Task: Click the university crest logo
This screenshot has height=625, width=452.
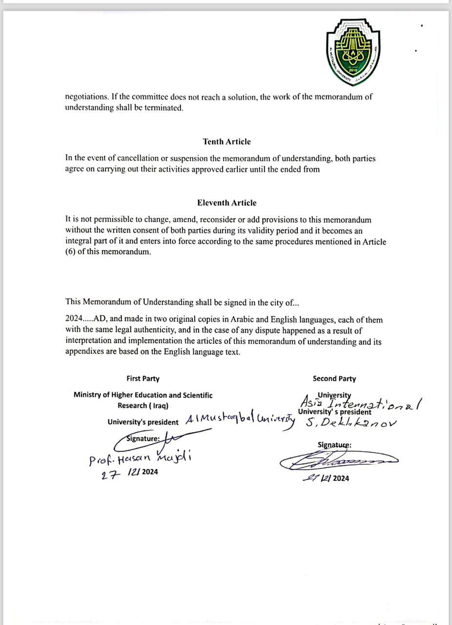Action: coord(353,51)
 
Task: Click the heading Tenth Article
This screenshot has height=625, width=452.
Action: coord(226,142)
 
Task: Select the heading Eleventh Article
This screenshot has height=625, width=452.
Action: coord(226,203)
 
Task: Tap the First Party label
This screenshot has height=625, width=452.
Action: coord(143,378)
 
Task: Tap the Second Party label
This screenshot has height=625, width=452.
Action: coord(334,378)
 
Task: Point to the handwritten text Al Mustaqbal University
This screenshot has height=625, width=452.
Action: coord(240,420)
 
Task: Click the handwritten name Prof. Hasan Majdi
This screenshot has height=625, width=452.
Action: coord(141,459)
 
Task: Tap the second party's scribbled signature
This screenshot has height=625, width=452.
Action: coord(338,461)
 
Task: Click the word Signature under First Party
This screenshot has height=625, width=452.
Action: coord(143,438)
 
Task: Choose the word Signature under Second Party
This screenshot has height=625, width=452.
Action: coord(334,445)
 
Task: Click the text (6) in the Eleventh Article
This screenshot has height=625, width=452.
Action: coord(70,252)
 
